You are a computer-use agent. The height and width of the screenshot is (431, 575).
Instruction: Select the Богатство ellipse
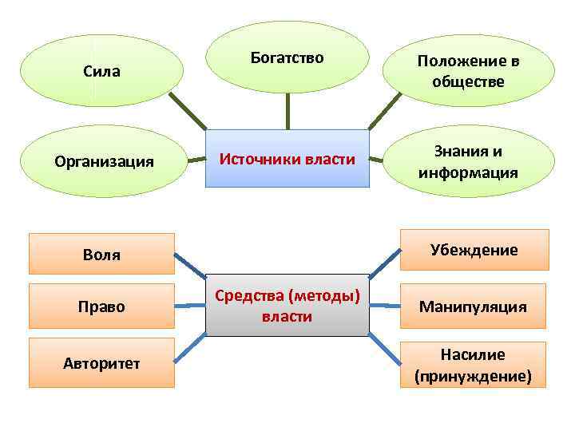tap(287, 57)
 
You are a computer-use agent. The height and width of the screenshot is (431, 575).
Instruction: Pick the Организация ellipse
tap(105, 161)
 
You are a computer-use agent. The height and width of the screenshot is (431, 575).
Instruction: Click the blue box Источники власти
tap(287, 158)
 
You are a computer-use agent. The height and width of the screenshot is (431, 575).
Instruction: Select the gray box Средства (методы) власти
tap(287, 306)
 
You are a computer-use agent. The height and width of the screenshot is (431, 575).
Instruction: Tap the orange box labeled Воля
tap(101, 254)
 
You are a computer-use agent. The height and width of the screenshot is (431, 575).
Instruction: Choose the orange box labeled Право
tap(101, 306)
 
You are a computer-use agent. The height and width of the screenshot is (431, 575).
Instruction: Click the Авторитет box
tap(101, 363)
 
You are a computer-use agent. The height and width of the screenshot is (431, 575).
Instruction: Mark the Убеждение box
tap(474, 250)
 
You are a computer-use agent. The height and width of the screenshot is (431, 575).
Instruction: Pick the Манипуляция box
tap(474, 306)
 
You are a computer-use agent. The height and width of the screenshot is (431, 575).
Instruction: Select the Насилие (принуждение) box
tap(473, 365)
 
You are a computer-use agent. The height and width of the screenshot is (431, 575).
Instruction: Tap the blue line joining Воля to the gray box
tap(189, 267)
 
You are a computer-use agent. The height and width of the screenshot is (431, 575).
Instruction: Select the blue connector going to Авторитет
tap(189, 347)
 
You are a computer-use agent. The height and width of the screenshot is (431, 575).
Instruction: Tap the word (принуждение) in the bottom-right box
tap(473, 374)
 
